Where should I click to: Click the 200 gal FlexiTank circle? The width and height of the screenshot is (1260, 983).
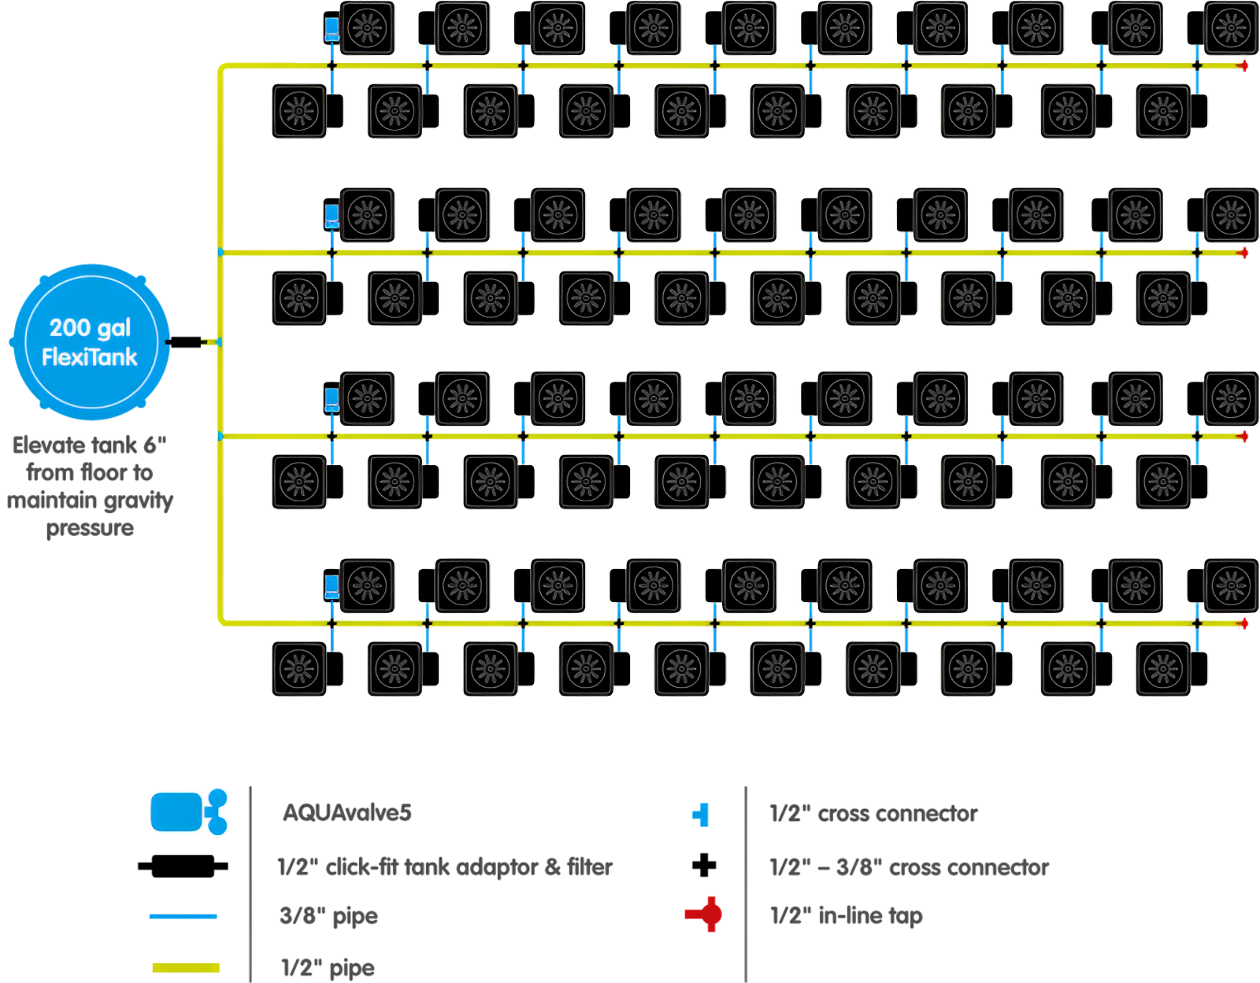(91, 342)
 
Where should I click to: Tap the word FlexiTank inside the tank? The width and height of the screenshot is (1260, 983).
(90, 357)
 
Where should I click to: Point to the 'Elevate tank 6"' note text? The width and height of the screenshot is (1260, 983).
(90, 445)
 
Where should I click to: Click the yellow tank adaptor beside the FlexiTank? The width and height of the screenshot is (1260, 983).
(209, 342)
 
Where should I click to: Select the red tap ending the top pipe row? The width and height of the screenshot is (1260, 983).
(1244, 66)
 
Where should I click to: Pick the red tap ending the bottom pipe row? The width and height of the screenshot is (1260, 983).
(1244, 624)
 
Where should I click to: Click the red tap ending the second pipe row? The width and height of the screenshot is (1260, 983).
(1244, 253)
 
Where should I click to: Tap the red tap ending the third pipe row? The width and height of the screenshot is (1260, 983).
(1244, 436)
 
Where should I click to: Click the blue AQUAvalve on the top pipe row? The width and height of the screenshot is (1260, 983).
(332, 29)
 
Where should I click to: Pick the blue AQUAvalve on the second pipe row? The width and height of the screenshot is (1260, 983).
(332, 215)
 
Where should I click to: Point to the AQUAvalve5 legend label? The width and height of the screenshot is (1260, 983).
(346, 813)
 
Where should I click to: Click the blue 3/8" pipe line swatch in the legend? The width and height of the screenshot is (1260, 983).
(182, 916)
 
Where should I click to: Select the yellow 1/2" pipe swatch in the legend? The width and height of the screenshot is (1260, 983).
(186, 967)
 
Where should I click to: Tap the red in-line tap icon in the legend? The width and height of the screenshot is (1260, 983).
(704, 914)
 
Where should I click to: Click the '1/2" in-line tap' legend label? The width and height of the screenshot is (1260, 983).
(845, 916)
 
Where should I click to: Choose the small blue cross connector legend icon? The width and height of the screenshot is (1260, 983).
(701, 815)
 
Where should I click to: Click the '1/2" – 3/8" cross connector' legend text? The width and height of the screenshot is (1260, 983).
(909, 867)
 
